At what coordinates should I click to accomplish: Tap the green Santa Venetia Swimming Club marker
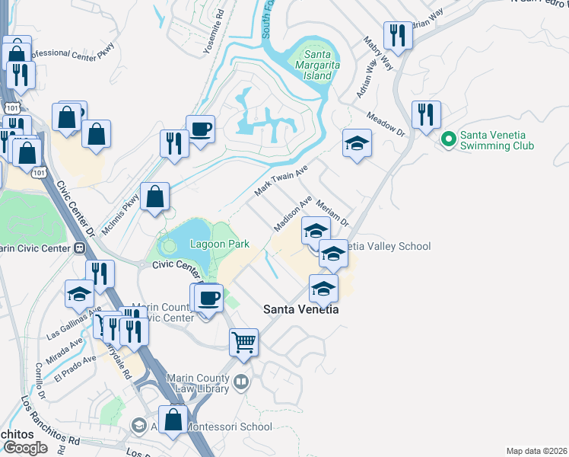click(x=449, y=139)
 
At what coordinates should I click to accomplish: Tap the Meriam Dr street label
click(x=332, y=212)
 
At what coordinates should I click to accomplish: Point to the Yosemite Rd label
click(x=219, y=24)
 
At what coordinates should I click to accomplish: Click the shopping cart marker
click(x=243, y=342)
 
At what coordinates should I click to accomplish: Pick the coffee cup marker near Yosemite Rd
click(x=200, y=129)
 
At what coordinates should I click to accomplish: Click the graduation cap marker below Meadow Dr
click(x=356, y=143)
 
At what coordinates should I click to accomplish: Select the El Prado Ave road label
click(x=75, y=366)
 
